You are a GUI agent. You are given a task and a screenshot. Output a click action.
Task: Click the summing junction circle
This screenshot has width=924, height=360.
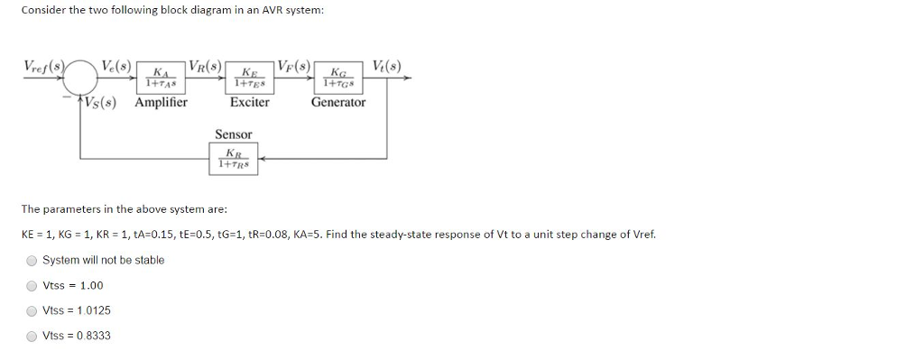coord(82,78)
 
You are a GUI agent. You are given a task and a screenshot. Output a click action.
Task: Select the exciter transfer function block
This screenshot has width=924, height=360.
coord(248,78)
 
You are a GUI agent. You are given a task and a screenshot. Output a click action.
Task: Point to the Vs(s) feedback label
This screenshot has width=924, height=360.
coord(106,102)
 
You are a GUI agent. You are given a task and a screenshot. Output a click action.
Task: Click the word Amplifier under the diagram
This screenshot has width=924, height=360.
coord(161,102)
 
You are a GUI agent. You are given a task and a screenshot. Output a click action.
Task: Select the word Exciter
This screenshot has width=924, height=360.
coord(249,102)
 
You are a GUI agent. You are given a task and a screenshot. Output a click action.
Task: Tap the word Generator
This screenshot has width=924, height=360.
coord(338,102)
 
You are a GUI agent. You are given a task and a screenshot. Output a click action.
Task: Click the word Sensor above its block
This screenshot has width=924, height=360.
coord(233,134)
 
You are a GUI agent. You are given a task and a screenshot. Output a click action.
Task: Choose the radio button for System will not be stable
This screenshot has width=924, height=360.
coord(32,261)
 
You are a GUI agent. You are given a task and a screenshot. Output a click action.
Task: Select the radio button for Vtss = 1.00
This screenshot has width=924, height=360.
coord(32,286)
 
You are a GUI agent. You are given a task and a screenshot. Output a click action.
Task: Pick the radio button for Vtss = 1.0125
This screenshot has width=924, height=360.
coord(32,311)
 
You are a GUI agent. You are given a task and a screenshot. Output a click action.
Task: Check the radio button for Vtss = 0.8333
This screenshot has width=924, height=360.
coord(32,337)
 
